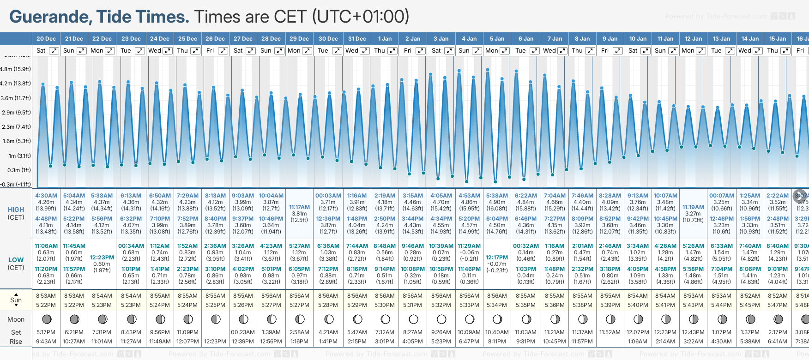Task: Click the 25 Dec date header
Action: [187, 39]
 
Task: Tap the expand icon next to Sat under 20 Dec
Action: [54, 51]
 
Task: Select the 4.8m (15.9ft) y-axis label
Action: [15, 69]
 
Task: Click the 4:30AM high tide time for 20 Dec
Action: [46, 196]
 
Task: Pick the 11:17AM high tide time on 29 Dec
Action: [299, 207]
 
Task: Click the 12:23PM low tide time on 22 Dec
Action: [102, 258]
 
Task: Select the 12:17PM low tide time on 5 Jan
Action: [497, 258]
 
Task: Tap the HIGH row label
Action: [16, 210]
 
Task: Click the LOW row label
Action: [16, 260]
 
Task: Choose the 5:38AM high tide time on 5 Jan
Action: [497, 196]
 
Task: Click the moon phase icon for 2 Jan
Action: [413, 319]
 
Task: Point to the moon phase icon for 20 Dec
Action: [46, 319]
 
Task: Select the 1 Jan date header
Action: [385, 39]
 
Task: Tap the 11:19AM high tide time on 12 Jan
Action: [693, 207]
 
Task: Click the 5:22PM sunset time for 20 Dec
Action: [46, 305]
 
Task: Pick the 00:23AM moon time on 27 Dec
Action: [243, 332]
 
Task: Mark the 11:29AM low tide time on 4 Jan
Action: [469, 246]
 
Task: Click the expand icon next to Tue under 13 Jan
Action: [730, 51]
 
